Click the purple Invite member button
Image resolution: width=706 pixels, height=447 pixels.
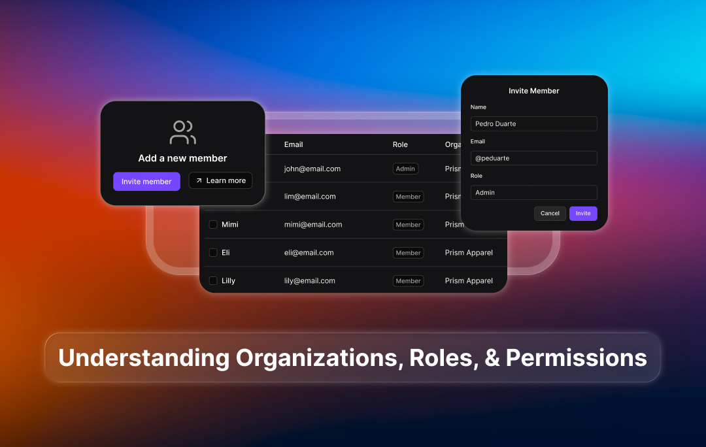[x=146, y=182]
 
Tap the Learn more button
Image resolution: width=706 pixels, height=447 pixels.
[x=220, y=181]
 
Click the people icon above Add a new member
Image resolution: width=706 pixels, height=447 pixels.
[x=182, y=132]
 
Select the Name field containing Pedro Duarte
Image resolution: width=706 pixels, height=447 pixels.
[x=533, y=124]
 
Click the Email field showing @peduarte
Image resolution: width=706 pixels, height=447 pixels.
[x=533, y=158]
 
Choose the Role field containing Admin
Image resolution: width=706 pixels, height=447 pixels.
[x=533, y=193]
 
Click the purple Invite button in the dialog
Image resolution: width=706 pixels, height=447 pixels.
[x=583, y=214]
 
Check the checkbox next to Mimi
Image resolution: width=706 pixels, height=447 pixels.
[x=213, y=225]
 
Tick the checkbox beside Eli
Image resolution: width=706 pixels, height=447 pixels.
[x=213, y=253]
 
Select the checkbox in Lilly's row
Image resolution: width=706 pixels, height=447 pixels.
[x=213, y=281]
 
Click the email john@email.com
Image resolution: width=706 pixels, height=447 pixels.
[x=312, y=169]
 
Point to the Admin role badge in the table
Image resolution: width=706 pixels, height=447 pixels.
[x=405, y=169]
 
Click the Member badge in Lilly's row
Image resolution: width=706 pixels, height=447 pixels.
[x=408, y=281]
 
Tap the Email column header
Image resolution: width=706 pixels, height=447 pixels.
[x=294, y=144]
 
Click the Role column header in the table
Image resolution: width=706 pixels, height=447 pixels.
[x=400, y=144]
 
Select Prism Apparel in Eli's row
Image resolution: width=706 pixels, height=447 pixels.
[x=469, y=253]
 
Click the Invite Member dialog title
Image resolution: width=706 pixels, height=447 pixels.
[x=534, y=91]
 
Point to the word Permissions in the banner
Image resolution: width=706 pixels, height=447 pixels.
[x=576, y=357]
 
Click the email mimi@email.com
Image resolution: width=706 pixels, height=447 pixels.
[x=313, y=225]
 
